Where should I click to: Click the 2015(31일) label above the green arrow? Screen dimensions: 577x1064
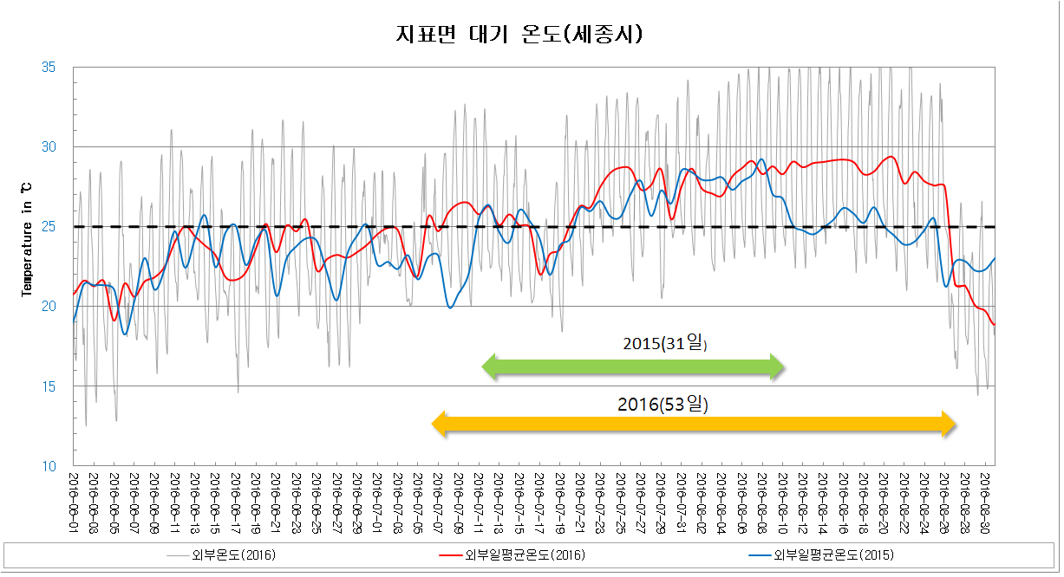tap(665, 344)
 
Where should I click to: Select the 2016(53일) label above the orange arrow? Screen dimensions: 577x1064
tap(663, 404)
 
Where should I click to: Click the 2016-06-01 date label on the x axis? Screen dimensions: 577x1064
tap(75, 493)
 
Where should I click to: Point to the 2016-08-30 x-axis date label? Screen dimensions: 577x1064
tap(986, 493)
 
